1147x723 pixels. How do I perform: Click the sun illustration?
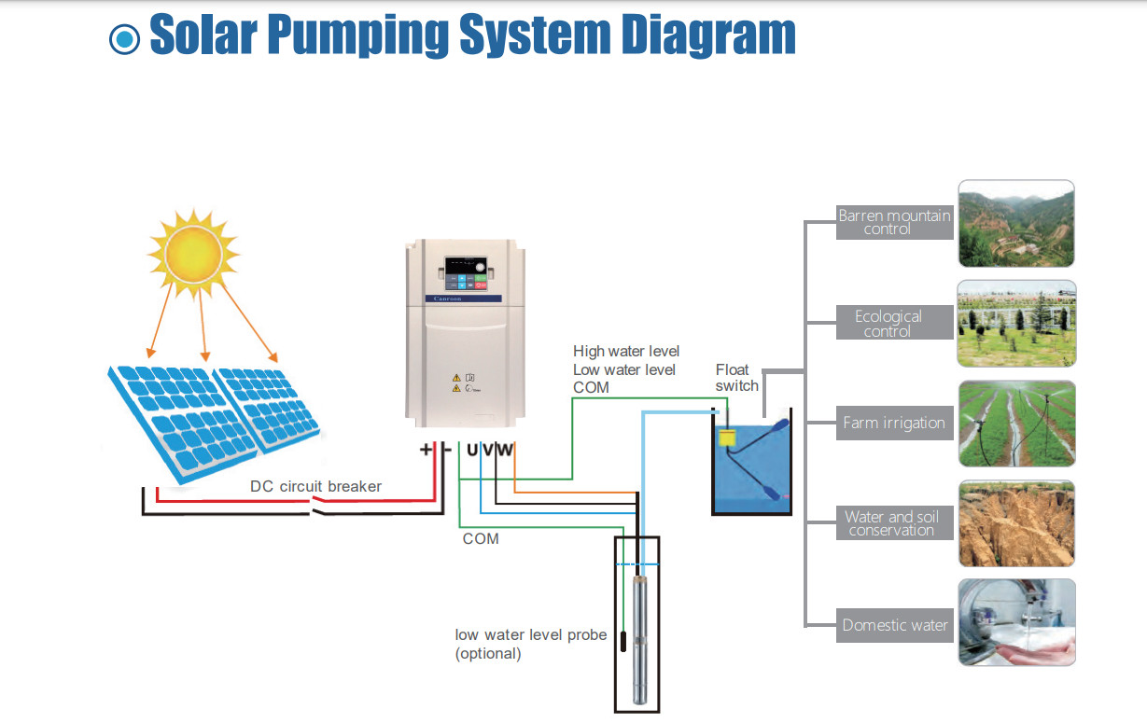194,249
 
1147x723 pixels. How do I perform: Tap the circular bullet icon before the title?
124,38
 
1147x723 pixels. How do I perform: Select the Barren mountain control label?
893,222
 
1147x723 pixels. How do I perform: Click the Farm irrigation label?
893,423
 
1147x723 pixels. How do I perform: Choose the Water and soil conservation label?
893,523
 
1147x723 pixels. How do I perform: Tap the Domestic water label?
893,625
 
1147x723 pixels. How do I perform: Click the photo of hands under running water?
1016,622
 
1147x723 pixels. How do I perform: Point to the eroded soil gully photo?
1016,523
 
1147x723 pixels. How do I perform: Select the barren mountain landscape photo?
1016,224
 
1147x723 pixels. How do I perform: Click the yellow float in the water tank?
727,437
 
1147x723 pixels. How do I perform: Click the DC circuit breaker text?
315,486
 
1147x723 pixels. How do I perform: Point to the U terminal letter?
472,451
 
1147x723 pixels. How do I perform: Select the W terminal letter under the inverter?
505,451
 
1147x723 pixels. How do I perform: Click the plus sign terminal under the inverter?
427,450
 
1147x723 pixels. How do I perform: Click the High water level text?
625,352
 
